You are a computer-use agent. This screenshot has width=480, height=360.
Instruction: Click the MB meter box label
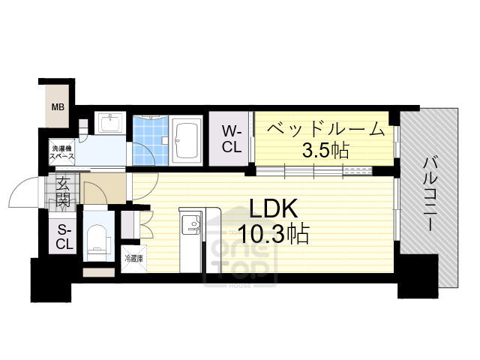point(57,106)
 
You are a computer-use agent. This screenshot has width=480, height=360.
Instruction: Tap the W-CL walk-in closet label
point(231,139)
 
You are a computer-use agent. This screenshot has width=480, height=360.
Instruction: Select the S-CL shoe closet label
point(64,237)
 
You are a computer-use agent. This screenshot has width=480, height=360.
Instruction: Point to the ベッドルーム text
point(324,129)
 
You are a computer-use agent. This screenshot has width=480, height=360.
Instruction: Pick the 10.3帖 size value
point(271,235)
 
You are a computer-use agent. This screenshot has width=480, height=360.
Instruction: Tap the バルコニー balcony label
point(430,194)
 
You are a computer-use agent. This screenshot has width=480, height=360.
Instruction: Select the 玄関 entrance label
point(63,190)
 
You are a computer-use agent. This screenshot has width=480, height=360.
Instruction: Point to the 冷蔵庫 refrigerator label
point(133,258)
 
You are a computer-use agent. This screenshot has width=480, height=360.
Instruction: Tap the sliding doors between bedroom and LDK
point(322,172)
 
